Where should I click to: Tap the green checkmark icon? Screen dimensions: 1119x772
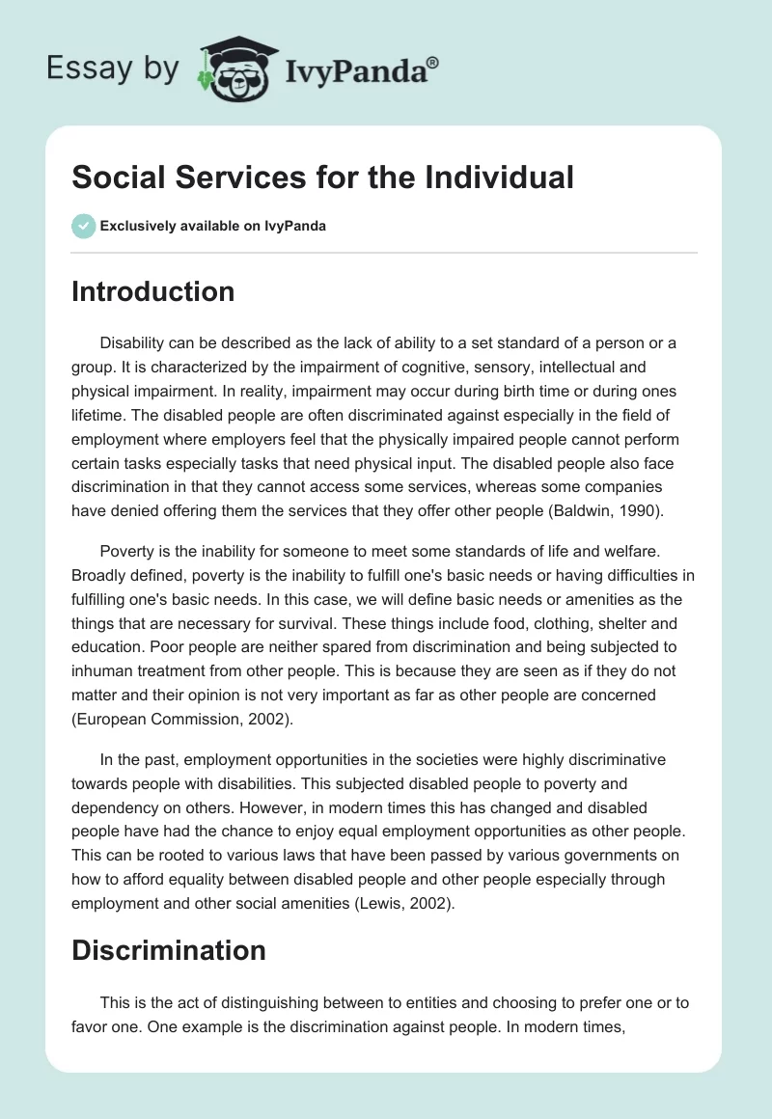(83, 226)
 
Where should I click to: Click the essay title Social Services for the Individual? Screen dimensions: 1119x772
(322, 177)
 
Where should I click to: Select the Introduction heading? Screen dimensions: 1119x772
(152, 291)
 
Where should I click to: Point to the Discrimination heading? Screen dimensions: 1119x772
(168, 950)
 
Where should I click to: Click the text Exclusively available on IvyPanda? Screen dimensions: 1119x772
(212, 226)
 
